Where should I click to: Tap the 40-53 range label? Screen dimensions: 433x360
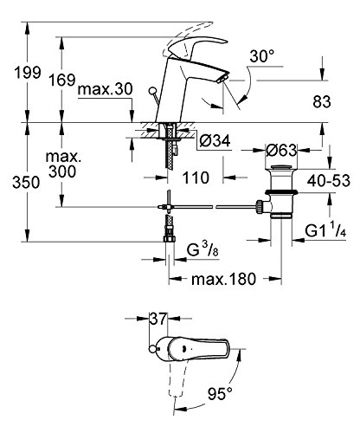click(330, 183)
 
